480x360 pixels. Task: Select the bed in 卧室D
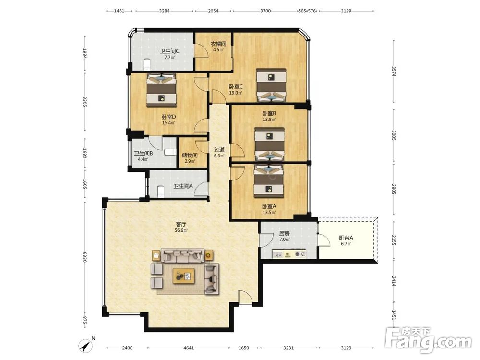[162, 90]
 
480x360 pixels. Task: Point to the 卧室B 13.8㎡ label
[269, 116]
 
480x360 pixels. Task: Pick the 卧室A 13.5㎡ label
[269, 209]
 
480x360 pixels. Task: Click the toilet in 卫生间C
[147, 64]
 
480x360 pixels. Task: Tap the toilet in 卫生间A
[160, 192]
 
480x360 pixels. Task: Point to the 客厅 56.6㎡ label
[180, 228]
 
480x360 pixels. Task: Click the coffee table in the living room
[184, 276]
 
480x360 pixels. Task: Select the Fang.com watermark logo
[428, 340]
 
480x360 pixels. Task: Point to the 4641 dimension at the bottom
[189, 348]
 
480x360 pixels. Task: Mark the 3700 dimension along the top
[265, 11]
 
